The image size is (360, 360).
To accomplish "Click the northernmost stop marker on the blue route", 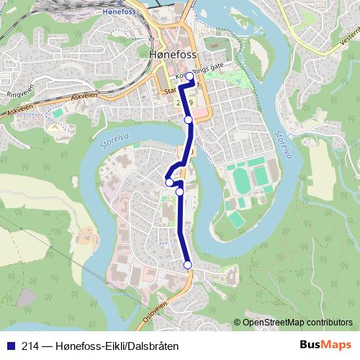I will (x=190, y=76).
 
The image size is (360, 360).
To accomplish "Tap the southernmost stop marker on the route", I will (x=188, y=265).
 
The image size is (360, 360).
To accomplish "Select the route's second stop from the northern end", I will (x=189, y=120).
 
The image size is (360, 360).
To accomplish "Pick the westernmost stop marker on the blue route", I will (x=170, y=182).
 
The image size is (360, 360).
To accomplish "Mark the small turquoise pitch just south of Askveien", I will (x=57, y=114).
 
